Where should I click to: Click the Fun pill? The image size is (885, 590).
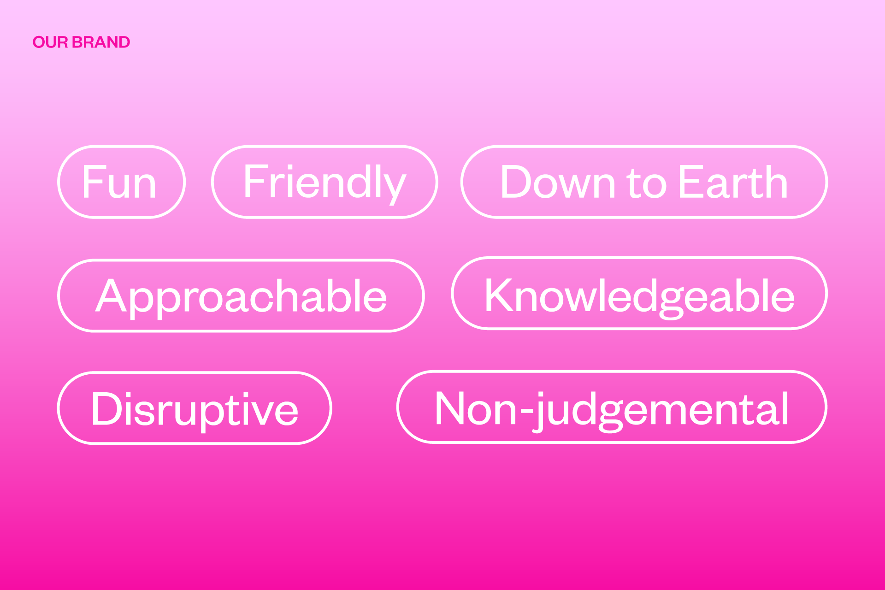(x=121, y=182)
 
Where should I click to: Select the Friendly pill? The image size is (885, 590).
(x=324, y=182)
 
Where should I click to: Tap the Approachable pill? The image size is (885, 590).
(x=241, y=296)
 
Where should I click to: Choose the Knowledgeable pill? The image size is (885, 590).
(x=639, y=294)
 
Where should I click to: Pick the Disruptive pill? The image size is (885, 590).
(x=195, y=408)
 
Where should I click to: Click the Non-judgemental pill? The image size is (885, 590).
(x=612, y=407)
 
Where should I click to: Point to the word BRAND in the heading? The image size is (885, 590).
(x=101, y=42)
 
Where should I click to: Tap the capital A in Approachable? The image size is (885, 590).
(x=111, y=295)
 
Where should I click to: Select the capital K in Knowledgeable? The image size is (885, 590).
(x=499, y=295)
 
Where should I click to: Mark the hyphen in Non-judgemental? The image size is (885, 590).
(x=525, y=410)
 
